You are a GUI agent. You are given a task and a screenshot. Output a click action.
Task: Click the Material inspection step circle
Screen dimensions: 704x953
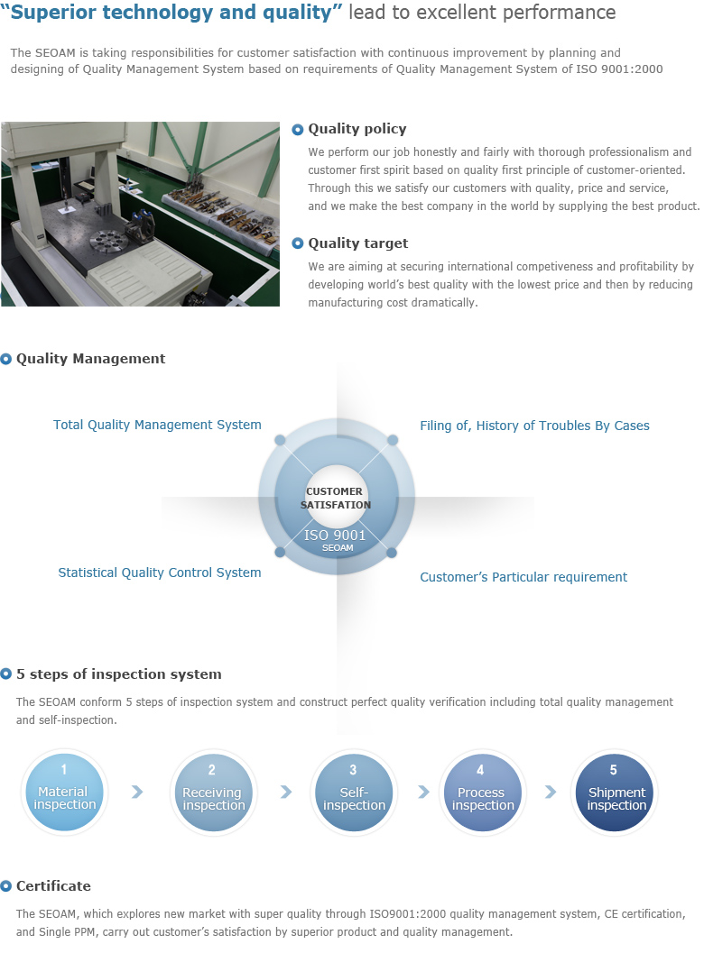pos(64,792)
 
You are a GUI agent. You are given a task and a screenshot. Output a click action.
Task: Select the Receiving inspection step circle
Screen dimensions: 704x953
pos(213,792)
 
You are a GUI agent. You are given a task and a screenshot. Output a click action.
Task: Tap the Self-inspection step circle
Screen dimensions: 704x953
pos(354,792)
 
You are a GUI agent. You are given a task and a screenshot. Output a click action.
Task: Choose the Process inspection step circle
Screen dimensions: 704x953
pos(483,792)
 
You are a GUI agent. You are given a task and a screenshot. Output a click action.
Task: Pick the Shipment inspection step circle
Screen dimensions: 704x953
pos(615,792)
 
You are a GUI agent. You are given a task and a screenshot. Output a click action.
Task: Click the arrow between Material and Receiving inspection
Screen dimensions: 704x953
pos(137,792)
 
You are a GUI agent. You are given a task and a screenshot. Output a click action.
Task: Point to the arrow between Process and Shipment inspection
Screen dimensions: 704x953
pos(551,792)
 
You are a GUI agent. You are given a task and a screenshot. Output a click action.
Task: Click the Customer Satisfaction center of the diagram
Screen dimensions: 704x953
pos(336,498)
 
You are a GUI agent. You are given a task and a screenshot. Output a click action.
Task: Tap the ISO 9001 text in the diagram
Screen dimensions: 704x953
pos(335,535)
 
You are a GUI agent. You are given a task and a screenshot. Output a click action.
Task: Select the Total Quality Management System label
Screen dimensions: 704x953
pos(157,425)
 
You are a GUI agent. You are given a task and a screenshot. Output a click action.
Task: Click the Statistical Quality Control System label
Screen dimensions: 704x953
pos(160,573)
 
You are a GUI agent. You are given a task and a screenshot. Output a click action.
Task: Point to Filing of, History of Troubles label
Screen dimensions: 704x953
pos(535,426)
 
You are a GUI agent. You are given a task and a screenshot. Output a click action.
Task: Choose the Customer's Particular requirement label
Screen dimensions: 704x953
pos(523,577)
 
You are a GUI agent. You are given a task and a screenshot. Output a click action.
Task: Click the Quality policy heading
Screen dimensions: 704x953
pos(357,129)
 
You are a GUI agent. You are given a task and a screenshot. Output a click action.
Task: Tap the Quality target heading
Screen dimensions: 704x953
pos(357,243)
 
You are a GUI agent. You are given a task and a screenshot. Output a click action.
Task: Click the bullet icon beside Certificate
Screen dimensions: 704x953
pos(6,886)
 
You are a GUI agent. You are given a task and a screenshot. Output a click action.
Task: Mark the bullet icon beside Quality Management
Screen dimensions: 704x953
pos(6,359)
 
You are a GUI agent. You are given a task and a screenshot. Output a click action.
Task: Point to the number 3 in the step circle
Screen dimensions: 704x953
pos(353,770)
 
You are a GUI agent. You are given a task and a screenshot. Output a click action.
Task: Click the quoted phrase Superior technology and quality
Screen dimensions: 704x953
pos(172,12)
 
